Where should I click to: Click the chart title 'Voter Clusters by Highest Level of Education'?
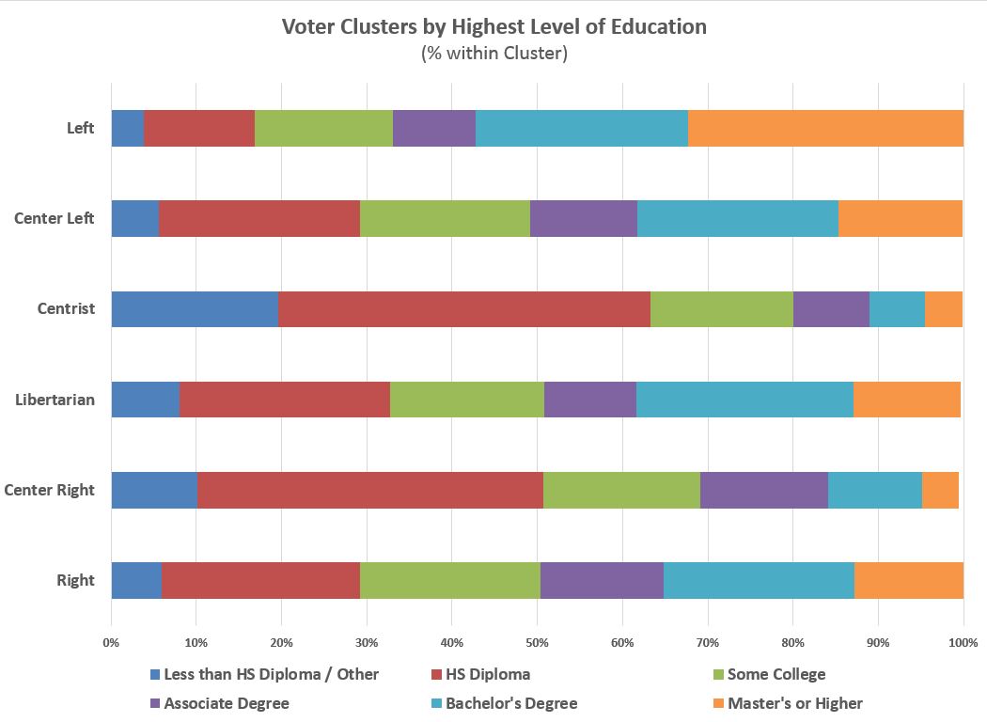[x=493, y=26]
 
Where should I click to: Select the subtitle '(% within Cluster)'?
[x=493, y=54]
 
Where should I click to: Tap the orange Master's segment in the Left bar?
[x=825, y=128]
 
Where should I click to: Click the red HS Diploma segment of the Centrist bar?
[x=464, y=308]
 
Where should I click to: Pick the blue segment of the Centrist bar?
[x=195, y=308]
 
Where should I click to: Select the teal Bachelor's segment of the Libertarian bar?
[x=744, y=400]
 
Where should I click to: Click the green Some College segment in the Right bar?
[x=450, y=580]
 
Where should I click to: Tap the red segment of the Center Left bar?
[x=259, y=218]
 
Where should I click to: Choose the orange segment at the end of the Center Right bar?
[x=940, y=490]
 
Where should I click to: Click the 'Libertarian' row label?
[x=55, y=400]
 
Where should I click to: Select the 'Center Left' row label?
[x=55, y=218]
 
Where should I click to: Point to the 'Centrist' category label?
[x=66, y=308]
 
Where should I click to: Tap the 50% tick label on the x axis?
[x=537, y=642]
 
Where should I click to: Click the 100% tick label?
[x=963, y=642]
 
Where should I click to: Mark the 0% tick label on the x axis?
[x=111, y=642]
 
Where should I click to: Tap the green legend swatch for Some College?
[x=720, y=674]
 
